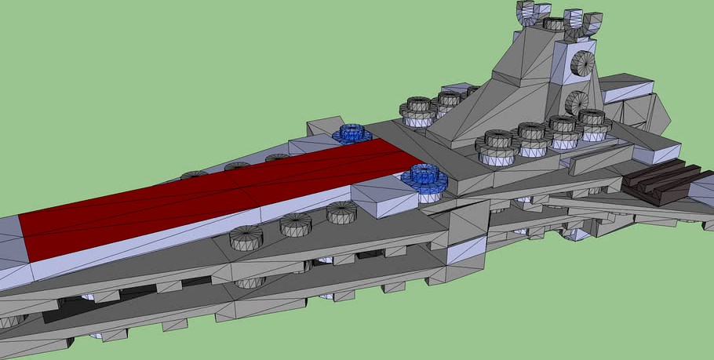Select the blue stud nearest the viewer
coord(424,180)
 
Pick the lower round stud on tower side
coord(576,102)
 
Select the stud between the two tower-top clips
coord(555,22)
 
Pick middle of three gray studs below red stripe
coord(296,224)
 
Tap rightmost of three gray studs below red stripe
coord(342,212)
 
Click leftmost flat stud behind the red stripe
coord(195,175)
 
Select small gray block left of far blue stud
coord(322,126)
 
